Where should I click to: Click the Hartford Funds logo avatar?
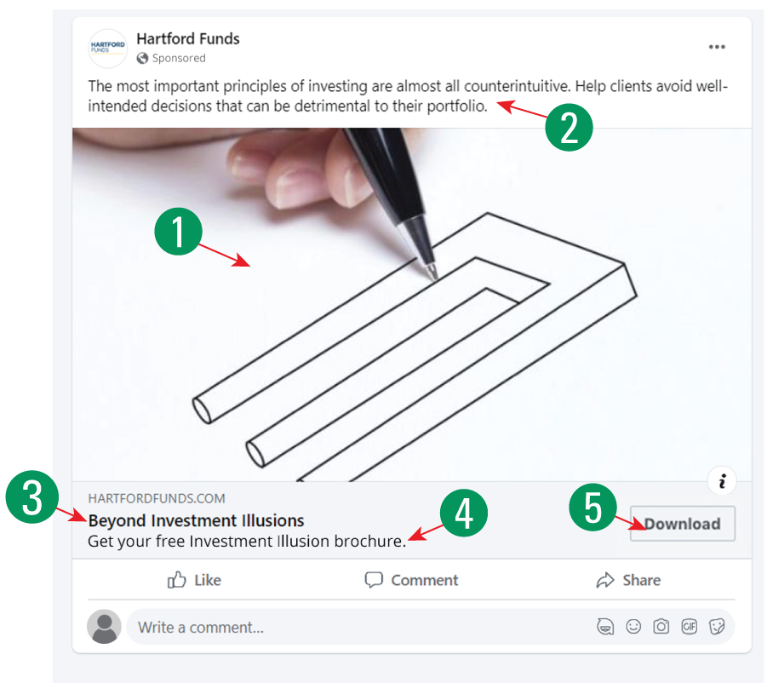tap(107, 48)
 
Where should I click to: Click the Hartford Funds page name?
tap(187, 38)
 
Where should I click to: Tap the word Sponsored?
tap(179, 58)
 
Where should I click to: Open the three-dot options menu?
tap(717, 47)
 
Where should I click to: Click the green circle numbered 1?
tap(177, 232)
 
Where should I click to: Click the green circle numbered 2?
tap(568, 127)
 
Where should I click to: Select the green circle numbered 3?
tap(31, 498)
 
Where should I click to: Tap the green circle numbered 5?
tap(593, 508)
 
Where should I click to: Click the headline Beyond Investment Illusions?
tap(196, 520)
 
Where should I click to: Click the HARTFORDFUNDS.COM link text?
tap(157, 498)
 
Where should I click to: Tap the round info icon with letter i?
tap(722, 481)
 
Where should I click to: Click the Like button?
tap(194, 580)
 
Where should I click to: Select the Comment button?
tap(411, 580)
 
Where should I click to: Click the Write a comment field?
tap(341, 628)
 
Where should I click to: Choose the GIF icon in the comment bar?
tap(689, 627)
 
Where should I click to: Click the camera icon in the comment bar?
tap(661, 627)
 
